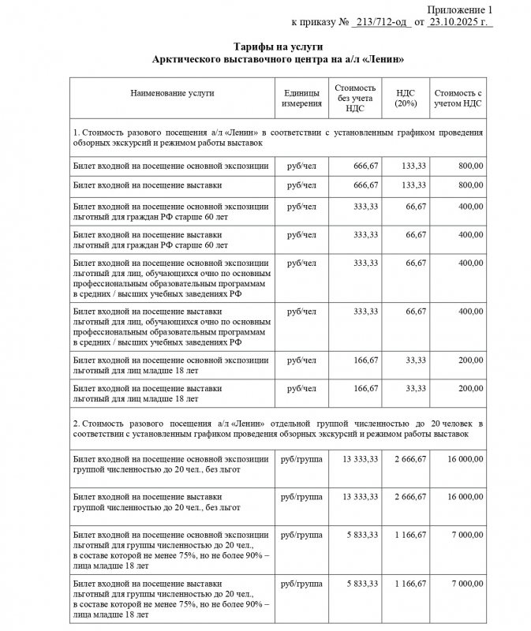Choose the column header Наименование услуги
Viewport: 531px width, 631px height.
coord(172,93)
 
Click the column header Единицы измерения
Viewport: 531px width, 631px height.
coord(301,99)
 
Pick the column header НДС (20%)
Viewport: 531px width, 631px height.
coord(406,99)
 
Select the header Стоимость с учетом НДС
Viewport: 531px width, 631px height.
coord(458,99)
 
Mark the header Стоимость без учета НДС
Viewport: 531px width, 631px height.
coord(355,99)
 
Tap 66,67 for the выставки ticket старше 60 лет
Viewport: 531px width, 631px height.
coord(415,235)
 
